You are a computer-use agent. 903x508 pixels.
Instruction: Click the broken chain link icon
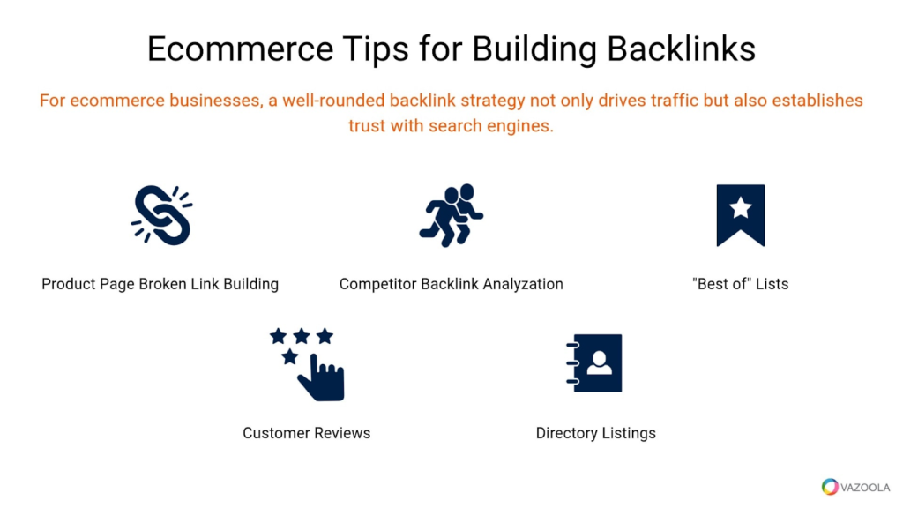[x=161, y=215]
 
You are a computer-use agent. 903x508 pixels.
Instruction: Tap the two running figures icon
[x=451, y=215]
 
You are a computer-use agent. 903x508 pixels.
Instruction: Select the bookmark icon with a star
[x=740, y=215]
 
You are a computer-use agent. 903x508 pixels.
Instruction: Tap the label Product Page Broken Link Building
[x=160, y=284]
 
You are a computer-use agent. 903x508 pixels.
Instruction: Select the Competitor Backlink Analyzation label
[x=451, y=284]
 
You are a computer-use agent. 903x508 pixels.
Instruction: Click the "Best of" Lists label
[x=740, y=284]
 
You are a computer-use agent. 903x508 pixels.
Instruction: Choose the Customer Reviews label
[x=306, y=433]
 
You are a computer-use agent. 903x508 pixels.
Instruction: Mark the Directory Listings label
[x=595, y=433]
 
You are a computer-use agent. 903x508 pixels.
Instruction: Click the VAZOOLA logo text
[x=866, y=487]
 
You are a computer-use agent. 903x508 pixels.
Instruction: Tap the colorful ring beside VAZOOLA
[x=830, y=487]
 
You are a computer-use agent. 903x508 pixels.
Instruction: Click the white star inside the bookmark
[x=741, y=208]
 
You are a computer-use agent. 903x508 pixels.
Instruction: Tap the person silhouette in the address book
[x=601, y=362]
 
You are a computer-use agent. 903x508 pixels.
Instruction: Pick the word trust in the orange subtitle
[x=368, y=125]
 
